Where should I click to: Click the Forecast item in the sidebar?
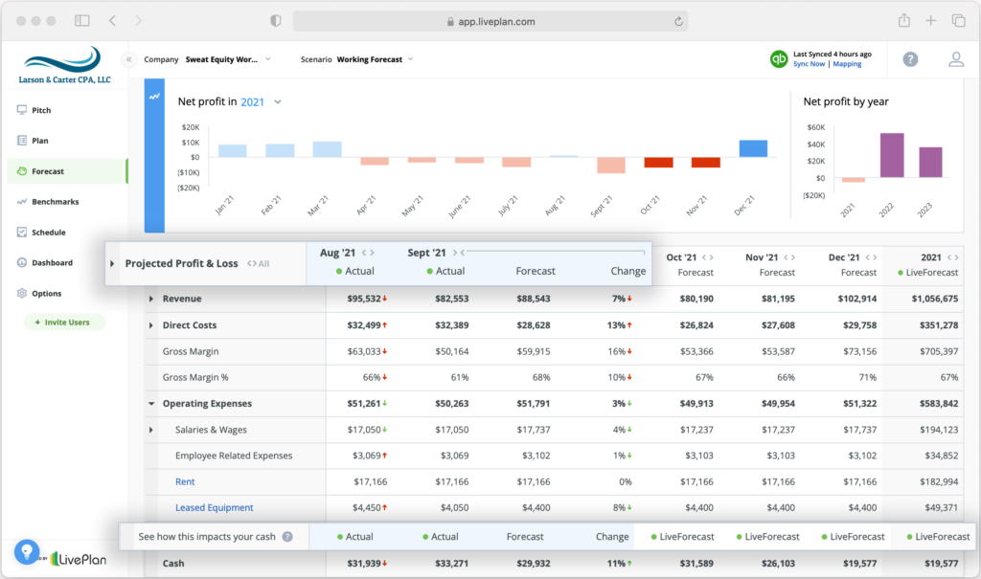pyautogui.click(x=48, y=171)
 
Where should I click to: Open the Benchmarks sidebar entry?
pyautogui.click(x=55, y=202)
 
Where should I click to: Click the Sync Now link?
pyautogui.click(x=809, y=64)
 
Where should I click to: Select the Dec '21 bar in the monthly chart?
pyautogui.click(x=753, y=148)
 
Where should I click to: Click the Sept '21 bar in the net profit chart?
pyautogui.click(x=611, y=165)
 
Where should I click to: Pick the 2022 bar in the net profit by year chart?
pyautogui.click(x=892, y=155)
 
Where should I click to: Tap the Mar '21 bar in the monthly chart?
pyautogui.click(x=327, y=149)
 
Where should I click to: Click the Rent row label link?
pyautogui.click(x=185, y=481)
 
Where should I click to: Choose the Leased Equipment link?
pyautogui.click(x=214, y=507)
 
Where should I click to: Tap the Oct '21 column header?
pyautogui.click(x=681, y=256)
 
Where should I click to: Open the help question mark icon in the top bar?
pyautogui.click(x=910, y=59)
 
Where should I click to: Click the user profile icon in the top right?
pyautogui.click(x=956, y=59)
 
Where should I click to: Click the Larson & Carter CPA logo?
pyautogui.click(x=62, y=65)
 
